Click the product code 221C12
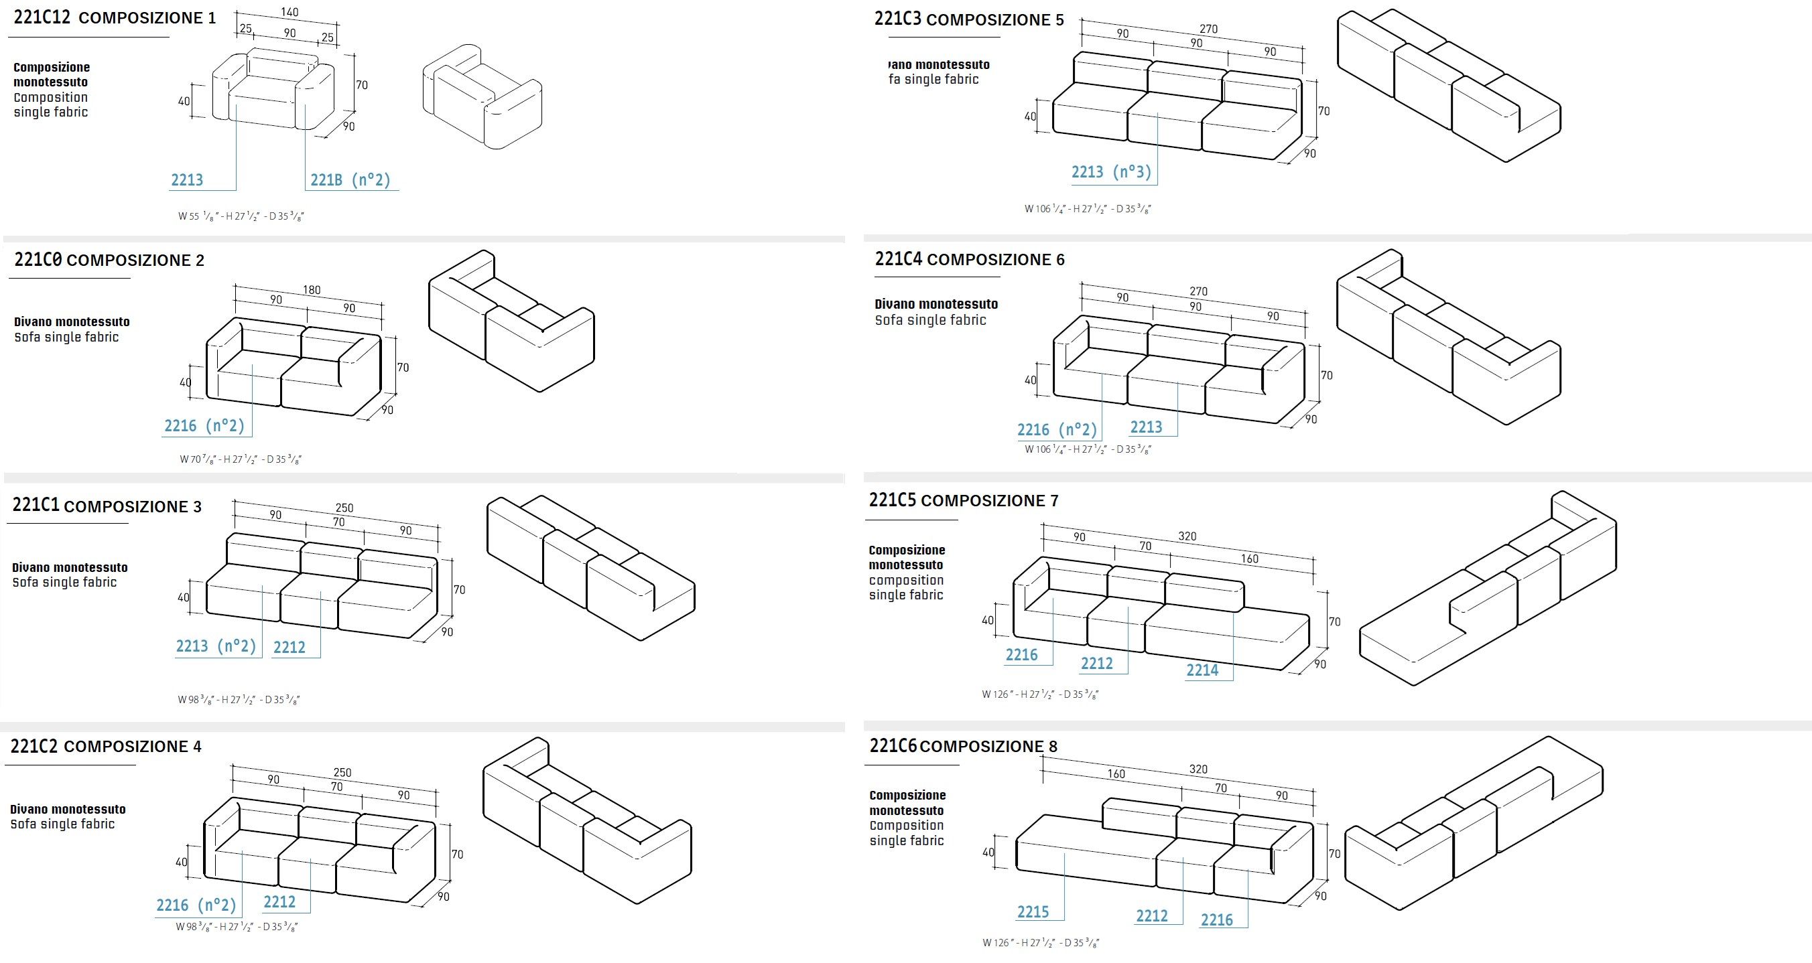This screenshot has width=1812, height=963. click(42, 17)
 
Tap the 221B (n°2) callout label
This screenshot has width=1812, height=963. click(350, 180)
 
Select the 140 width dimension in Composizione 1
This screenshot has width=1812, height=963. click(289, 12)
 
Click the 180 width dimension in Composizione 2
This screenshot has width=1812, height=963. click(312, 289)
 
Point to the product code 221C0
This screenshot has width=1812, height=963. click(38, 260)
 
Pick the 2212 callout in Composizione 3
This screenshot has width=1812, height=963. click(289, 648)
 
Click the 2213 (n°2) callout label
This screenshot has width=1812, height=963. click(216, 646)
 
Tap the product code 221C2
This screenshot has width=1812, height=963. click(34, 746)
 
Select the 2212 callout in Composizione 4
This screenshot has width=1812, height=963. click(279, 902)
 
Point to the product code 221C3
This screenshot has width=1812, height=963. click(897, 19)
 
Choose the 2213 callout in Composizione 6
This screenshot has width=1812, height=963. click(1146, 427)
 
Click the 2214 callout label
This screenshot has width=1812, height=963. click(1202, 670)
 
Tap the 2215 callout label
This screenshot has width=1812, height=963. click(1033, 912)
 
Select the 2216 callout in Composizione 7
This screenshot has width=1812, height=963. click(1021, 655)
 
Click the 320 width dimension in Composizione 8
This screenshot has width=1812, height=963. click(1199, 769)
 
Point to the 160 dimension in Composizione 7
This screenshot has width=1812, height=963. click(1250, 559)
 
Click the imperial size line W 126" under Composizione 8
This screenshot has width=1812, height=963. click(1040, 943)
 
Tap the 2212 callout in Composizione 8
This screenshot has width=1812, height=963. click(1151, 916)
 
